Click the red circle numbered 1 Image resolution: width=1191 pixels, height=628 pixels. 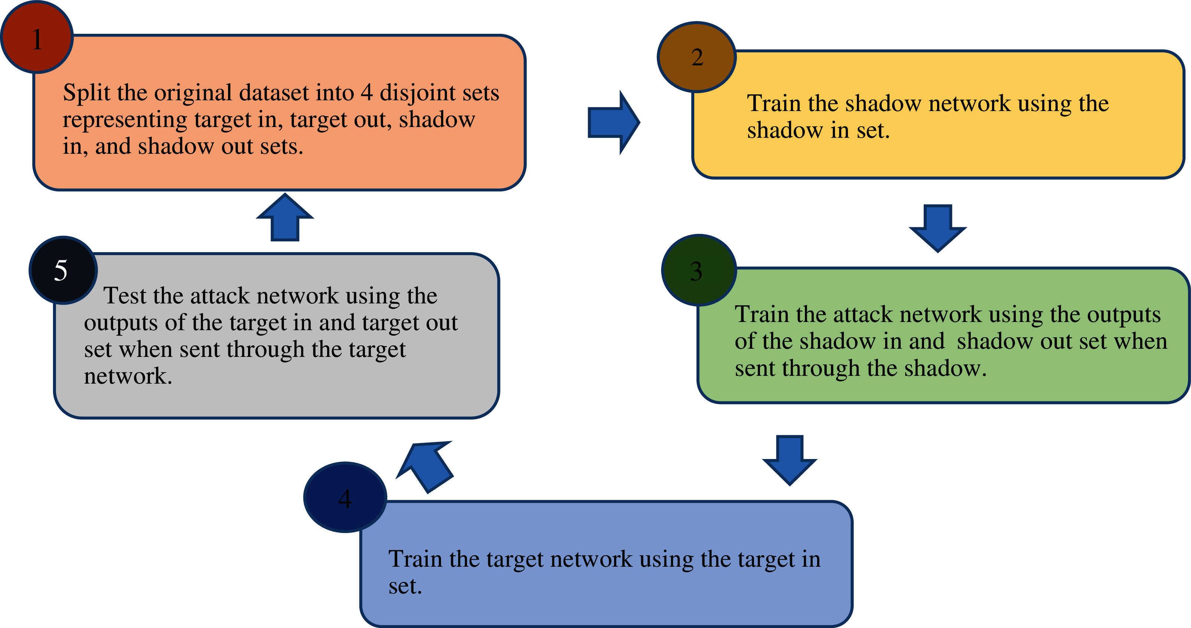tap(37, 37)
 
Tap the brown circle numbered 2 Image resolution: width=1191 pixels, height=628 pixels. tap(697, 57)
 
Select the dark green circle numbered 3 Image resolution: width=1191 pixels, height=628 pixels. tap(699, 270)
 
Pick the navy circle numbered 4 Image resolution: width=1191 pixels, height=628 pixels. tap(345, 497)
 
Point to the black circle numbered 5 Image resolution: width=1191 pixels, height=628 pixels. tap(63, 270)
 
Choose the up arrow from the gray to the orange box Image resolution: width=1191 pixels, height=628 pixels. tap(285, 217)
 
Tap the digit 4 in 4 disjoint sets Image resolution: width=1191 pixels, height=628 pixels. tap(367, 92)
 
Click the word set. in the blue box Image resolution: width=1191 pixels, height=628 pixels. tap(405, 586)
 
